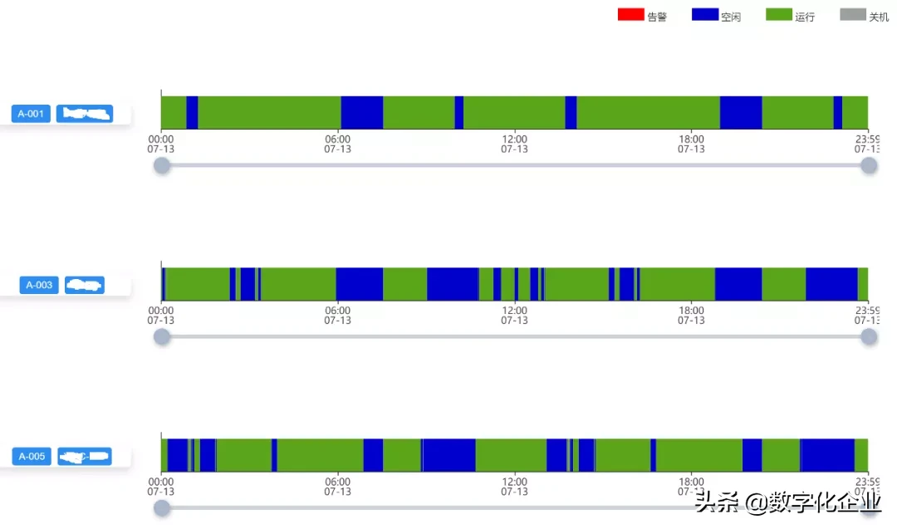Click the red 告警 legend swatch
point(630,14)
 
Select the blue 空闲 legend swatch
point(704,14)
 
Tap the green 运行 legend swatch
point(779,14)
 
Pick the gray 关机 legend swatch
point(853,14)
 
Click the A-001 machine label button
point(31,114)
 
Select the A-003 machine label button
point(39,285)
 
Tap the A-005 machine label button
point(32,456)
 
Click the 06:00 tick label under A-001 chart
point(337,140)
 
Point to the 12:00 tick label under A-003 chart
point(514,311)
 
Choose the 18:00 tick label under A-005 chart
point(691,482)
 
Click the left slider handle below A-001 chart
point(162,165)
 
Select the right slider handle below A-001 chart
point(869,165)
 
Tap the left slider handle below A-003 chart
point(162,336)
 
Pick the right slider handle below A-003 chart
point(869,336)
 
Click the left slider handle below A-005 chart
point(162,507)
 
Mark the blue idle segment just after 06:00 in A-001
point(362,112)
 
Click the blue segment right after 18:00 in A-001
point(741,112)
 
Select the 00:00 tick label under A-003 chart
point(161,311)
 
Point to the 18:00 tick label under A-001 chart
point(691,140)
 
